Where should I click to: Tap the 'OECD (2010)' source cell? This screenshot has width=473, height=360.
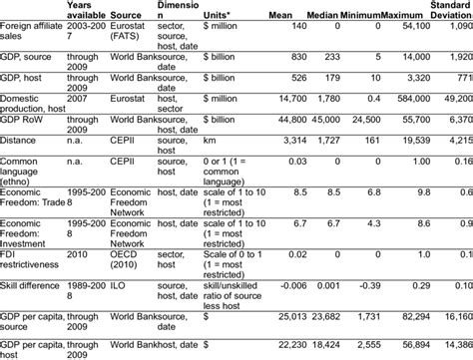117,262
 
